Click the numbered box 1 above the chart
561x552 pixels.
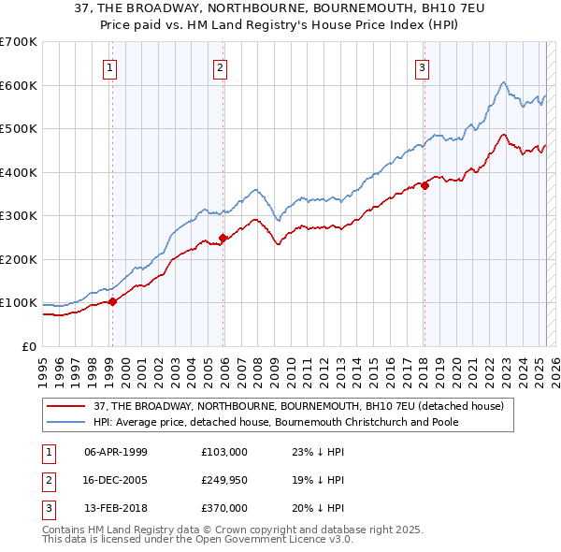110,67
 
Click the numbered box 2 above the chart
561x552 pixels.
219,67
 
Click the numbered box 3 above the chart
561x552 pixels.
422,67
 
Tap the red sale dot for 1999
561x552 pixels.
112,301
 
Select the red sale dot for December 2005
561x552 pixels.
223,238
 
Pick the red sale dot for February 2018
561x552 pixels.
424,185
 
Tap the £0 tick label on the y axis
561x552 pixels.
27,346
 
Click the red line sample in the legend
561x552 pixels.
67,406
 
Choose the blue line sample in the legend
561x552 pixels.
67,422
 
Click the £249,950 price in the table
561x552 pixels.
223,480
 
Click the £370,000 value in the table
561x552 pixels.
223,508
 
